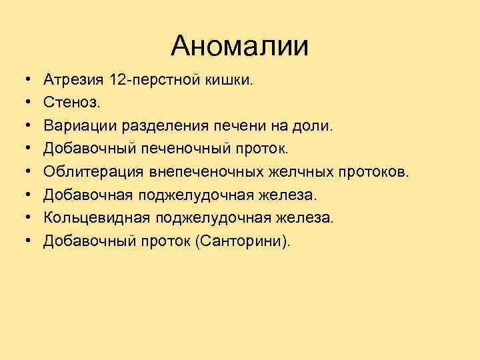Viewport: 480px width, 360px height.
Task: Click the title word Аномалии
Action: pyautogui.click(x=239, y=46)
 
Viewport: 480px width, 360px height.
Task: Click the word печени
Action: pyautogui.click(x=228, y=126)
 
